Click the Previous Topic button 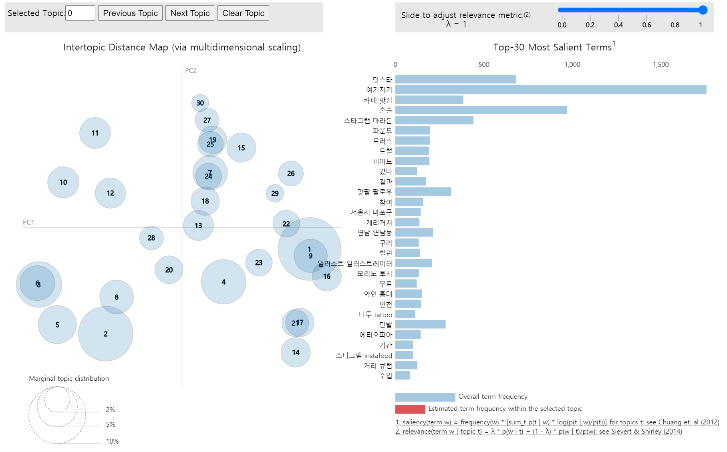[130, 13]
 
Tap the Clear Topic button [243, 13]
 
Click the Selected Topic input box [80, 13]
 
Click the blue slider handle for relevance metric [703, 10]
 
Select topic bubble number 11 [95, 133]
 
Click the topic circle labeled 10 [63, 182]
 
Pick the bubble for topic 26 [291, 173]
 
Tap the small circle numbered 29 [275, 193]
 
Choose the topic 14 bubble [296, 352]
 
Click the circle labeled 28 [151, 238]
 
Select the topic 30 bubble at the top [200, 103]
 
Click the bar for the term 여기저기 [551, 90]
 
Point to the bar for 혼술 [481, 110]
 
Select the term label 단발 [386, 325]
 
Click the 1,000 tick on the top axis [572, 64]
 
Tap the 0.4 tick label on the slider [618, 25]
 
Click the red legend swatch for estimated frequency [410, 409]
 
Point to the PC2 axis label [191, 70]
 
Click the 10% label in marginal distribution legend [112, 441]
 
